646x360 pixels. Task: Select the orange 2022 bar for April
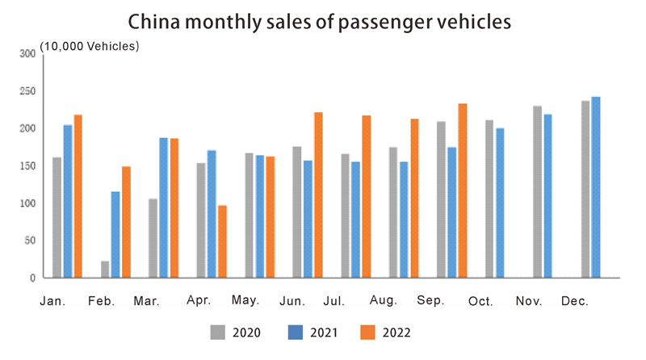222,241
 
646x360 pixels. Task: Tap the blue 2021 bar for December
596,187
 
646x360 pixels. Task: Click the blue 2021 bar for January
68,201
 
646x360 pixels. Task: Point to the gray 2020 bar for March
153,238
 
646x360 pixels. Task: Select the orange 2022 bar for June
318,195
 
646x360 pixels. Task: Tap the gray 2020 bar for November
538,191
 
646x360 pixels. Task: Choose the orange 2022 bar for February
126,222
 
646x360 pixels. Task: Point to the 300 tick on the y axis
27,53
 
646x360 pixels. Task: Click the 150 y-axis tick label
27,165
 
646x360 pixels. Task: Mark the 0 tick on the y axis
33,278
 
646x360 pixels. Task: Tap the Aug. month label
384,300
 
